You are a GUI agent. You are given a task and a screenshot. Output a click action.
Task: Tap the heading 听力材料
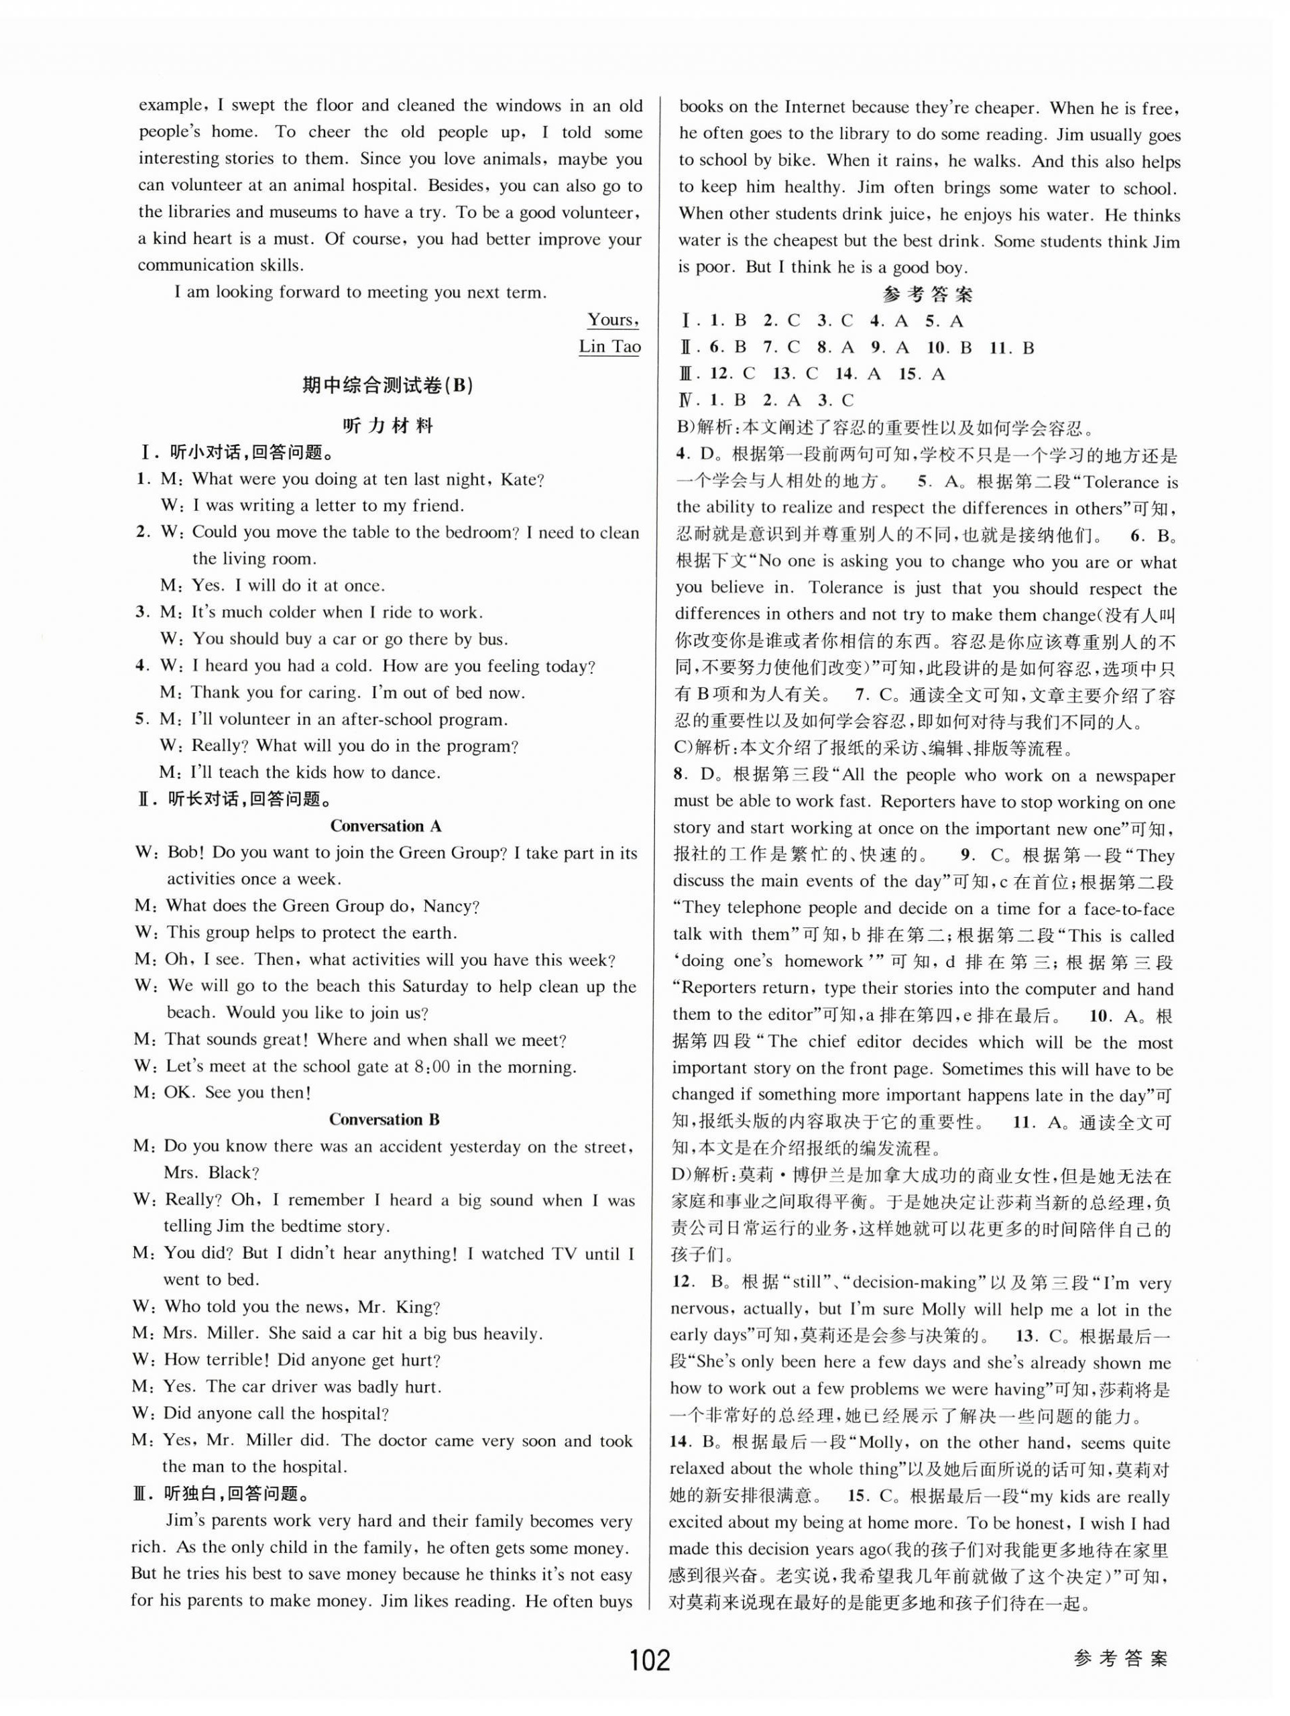[x=388, y=426]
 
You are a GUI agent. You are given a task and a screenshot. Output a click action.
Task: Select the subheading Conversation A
[x=386, y=826]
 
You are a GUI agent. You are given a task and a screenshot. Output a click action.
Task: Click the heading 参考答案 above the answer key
[x=928, y=295]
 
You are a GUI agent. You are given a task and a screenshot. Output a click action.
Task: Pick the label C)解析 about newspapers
[x=701, y=750]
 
